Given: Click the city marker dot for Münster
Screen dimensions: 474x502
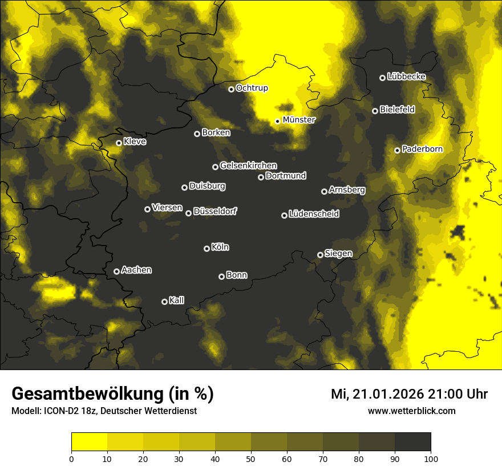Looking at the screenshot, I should tap(278, 121).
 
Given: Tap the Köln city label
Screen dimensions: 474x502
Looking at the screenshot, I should tap(220, 247).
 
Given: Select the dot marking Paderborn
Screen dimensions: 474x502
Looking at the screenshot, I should tap(397, 150).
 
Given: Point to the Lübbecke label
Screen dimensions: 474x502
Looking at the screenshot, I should tap(406, 77).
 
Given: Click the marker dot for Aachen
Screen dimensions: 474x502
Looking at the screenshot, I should tap(116, 271).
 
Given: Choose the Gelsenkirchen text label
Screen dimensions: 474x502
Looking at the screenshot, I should tap(248, 166).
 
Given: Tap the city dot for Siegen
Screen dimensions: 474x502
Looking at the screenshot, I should tap(320, 255).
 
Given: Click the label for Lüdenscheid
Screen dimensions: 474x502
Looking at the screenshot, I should tap(314, 214).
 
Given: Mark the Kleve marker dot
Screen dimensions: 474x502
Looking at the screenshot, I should tap(119, 143).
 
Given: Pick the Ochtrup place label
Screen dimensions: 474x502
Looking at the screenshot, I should tap(252, 88).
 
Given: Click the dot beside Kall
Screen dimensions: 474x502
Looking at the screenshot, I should tap(164, 302).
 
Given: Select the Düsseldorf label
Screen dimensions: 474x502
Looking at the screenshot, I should tap(215, 211).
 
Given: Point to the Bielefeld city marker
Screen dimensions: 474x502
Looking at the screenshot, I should tap(375, 111).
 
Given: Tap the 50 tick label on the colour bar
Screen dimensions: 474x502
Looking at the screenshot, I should tap(251, 458).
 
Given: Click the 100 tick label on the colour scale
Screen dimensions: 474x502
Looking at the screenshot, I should tap(430, 458).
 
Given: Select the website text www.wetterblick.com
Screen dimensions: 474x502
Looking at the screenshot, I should tap(411, 411).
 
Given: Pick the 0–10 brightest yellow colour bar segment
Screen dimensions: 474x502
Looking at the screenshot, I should tap(90, 441).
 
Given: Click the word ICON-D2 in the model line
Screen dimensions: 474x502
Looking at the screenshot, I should tap(60, 411).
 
